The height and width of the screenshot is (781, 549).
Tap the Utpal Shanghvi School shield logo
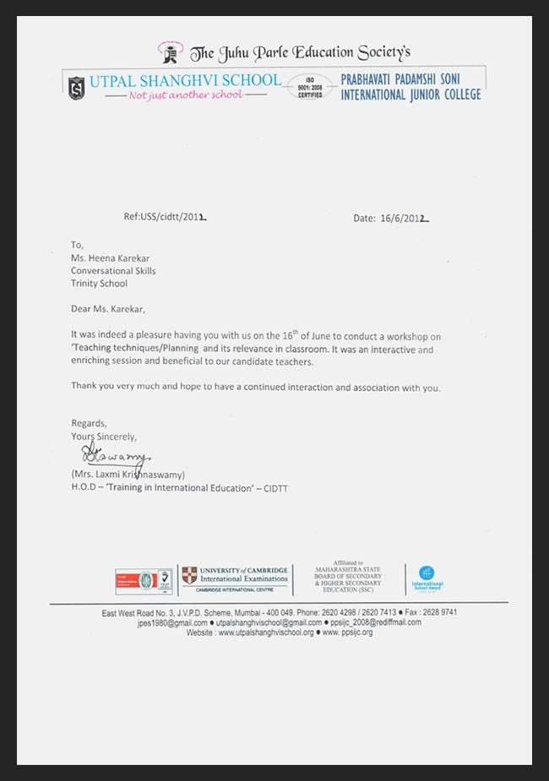coord(77,87)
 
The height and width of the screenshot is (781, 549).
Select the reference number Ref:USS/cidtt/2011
coord(165,217)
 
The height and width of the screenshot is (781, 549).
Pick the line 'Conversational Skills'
coord(113,270)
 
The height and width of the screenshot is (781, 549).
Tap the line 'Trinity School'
coord(99,283)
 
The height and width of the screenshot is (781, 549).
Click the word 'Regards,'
coord(89,422)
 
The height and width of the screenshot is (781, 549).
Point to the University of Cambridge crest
coord(190,575)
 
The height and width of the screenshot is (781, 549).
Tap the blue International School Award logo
coord(427,573)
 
